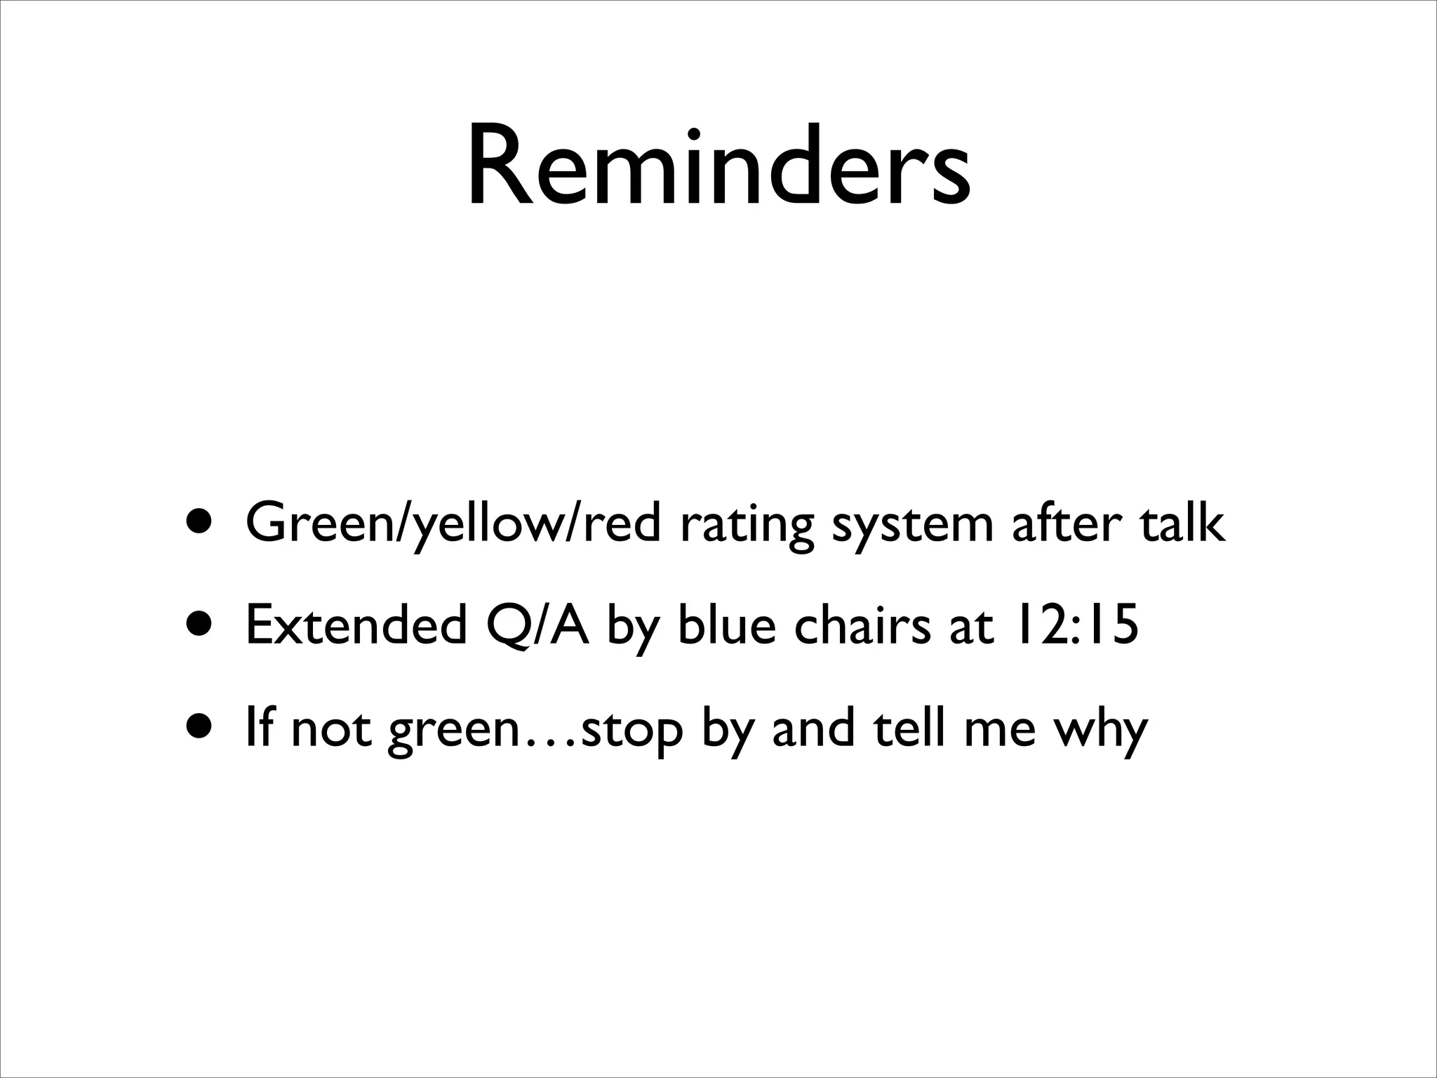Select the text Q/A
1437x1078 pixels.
(x=537, y=626)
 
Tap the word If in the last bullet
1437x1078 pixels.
(x=260, y=728)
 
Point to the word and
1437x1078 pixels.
(x=814, y=728)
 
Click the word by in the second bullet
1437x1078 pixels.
(x=634, y=627)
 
